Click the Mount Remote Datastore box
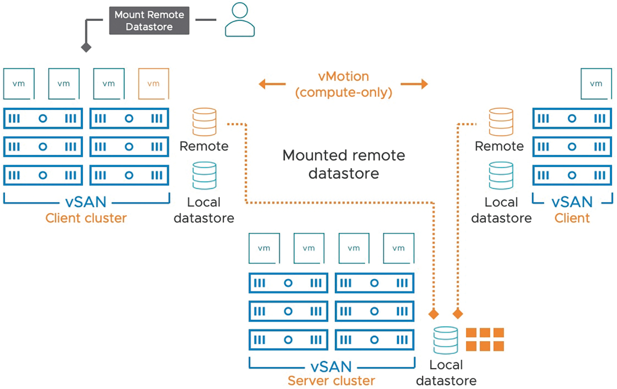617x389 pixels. [149, 20]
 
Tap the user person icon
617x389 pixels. [239, 20]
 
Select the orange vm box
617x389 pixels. [154, 84]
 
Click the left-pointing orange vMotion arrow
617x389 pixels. [272, 84]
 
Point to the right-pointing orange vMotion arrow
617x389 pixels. [414, 84]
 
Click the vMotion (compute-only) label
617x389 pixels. [344, 85]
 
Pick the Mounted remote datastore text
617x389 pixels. [344, 165]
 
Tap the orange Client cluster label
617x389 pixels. [86, 218]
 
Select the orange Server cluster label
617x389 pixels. [331, 381]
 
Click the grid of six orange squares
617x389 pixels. [485, 339]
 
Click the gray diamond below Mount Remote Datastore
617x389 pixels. [86, 47]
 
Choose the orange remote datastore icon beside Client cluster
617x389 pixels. [204, 122]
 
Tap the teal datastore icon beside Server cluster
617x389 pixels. [445, 340]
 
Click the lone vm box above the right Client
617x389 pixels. [597, 84]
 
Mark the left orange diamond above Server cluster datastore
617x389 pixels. [434, 314]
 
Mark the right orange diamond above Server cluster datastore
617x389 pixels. [458, 314]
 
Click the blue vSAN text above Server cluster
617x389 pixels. [331, 367]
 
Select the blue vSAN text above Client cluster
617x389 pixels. [86, 202]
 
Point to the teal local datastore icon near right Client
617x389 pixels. [501, 176]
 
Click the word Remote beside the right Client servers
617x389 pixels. [499, 146]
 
